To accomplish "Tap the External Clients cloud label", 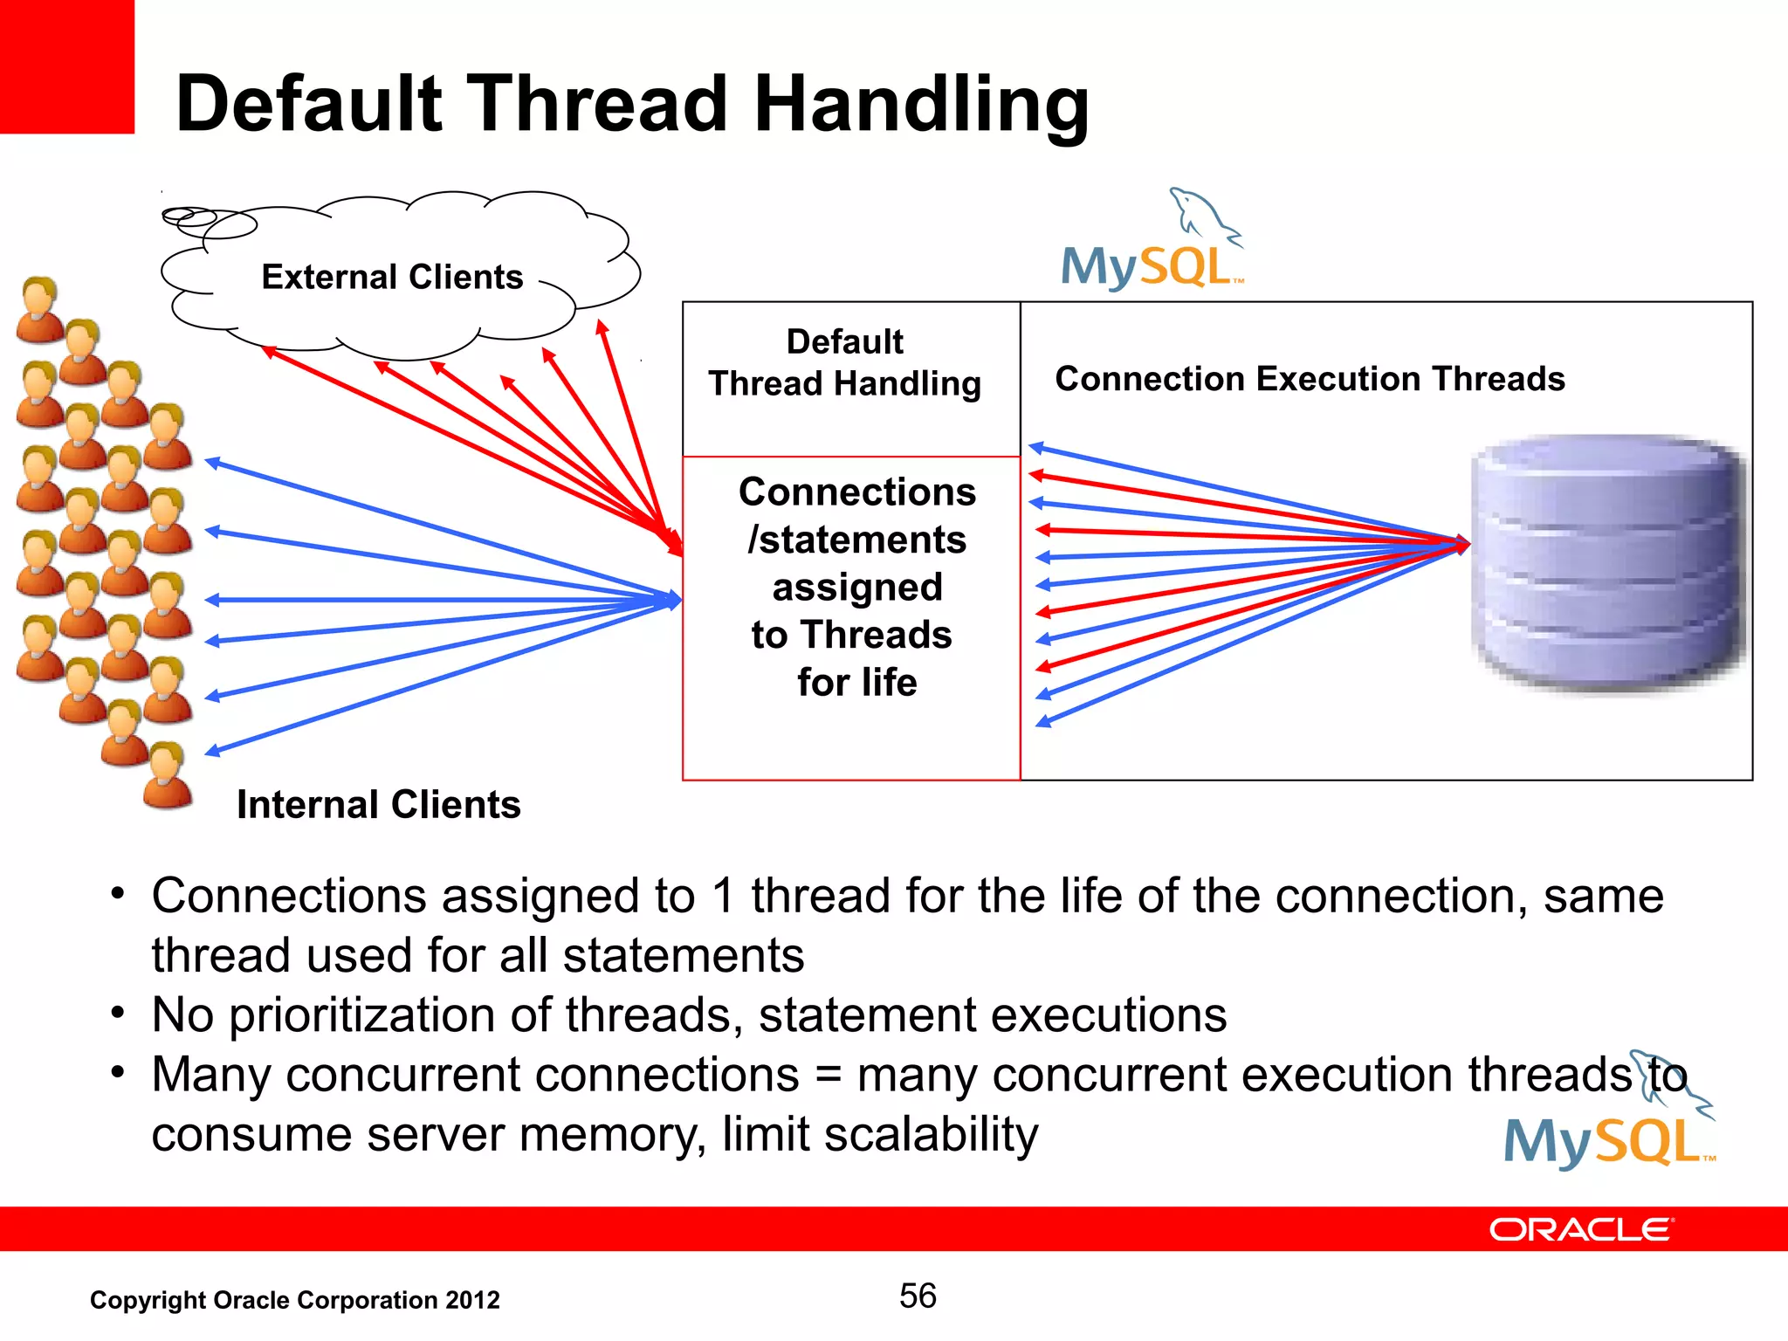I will (392, 277).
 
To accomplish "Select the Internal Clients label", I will (378, 804).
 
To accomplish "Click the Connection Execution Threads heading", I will (1310, 379).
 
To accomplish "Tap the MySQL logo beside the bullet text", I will (1609, 1117).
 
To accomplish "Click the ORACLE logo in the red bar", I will (1580, 1229).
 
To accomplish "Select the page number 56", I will (918, 1296).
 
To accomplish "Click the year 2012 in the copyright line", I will (472, 1300).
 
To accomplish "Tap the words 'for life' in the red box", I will (856, 682).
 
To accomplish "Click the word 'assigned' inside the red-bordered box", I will (856, 588).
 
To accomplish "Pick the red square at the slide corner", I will (66, 66).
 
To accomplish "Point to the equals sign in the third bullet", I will (828, 1075).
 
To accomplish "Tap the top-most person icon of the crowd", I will (39, 309).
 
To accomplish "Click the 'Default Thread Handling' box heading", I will (844, 362).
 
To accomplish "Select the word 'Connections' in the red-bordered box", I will (856, 492).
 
